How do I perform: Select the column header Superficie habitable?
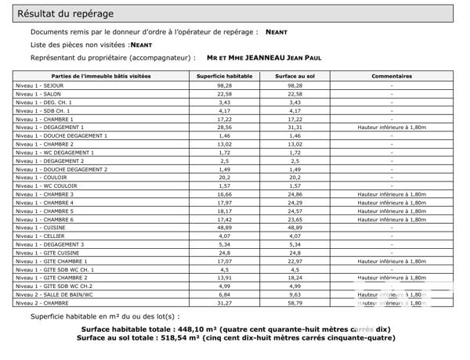225,76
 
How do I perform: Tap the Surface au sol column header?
295,76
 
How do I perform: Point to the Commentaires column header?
392,76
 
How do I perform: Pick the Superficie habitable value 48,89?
225,227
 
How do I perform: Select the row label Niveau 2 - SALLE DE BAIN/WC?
54,294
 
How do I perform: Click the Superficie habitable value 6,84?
225,294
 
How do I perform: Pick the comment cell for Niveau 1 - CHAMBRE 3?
392,194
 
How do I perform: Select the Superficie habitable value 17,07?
225,261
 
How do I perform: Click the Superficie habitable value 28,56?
225,127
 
